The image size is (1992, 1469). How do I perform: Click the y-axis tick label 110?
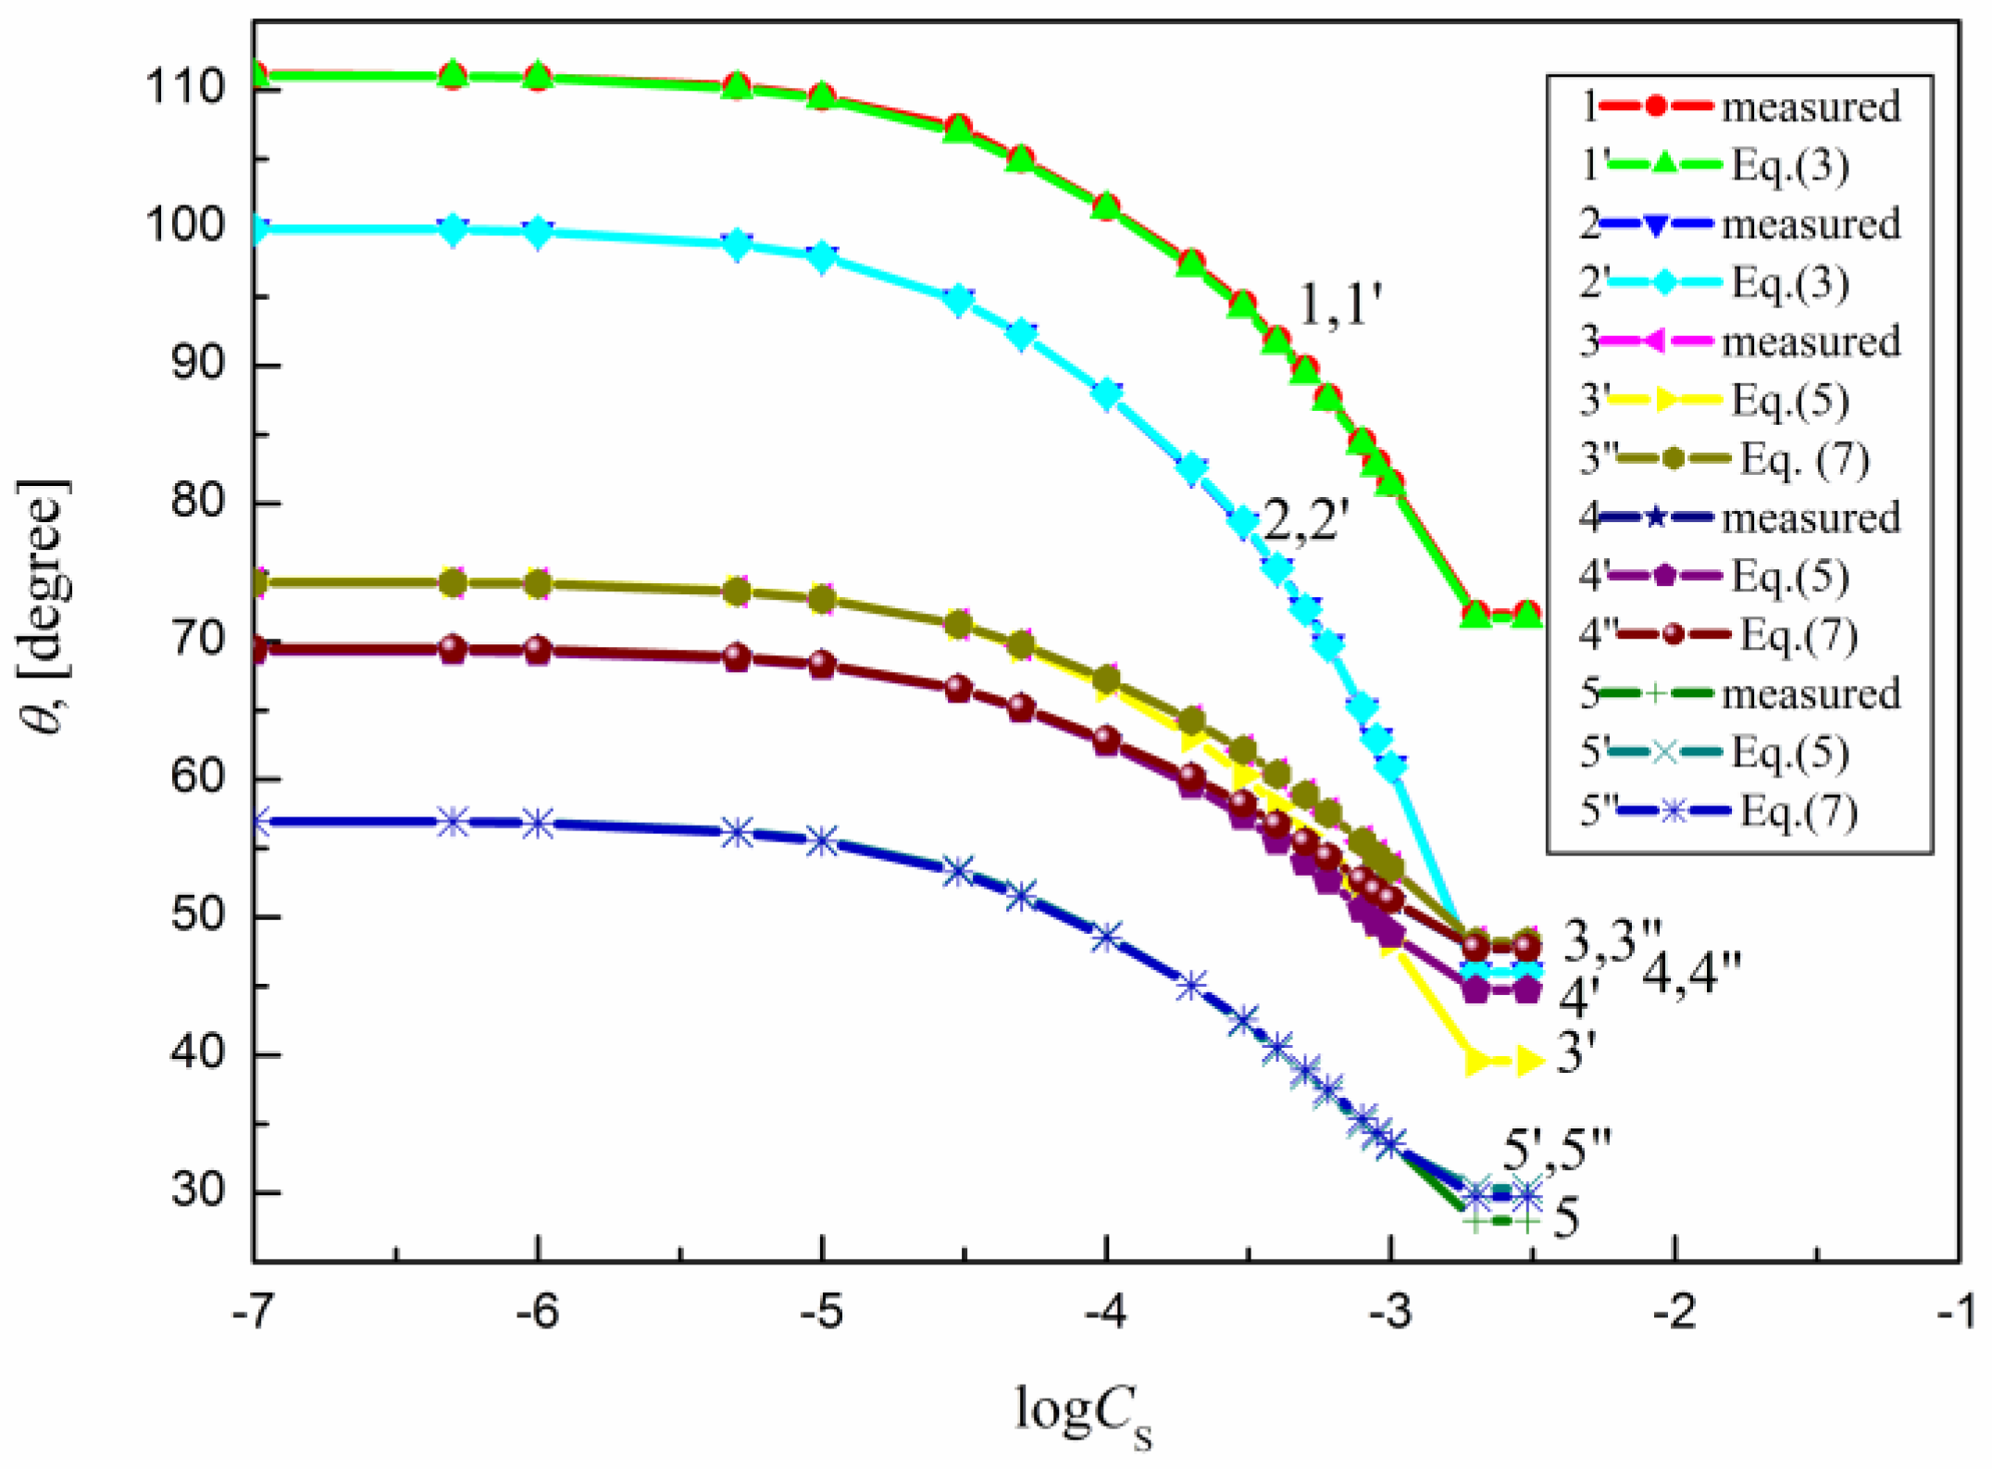(184, 88)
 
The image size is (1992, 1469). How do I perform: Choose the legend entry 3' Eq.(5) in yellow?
(1712, 400)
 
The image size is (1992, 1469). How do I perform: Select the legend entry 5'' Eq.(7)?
(1717, 811)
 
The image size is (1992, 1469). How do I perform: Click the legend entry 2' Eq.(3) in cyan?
(1712, 282)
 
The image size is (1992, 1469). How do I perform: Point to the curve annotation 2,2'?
(1301, 523)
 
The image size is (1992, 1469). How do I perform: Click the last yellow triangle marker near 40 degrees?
(1528, 1061)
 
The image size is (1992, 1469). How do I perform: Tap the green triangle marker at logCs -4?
(1106, 207)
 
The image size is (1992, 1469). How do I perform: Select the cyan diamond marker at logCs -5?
(822, 257)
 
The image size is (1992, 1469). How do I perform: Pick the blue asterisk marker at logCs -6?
(538, 824)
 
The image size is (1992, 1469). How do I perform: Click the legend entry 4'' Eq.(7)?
(1717, 635)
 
